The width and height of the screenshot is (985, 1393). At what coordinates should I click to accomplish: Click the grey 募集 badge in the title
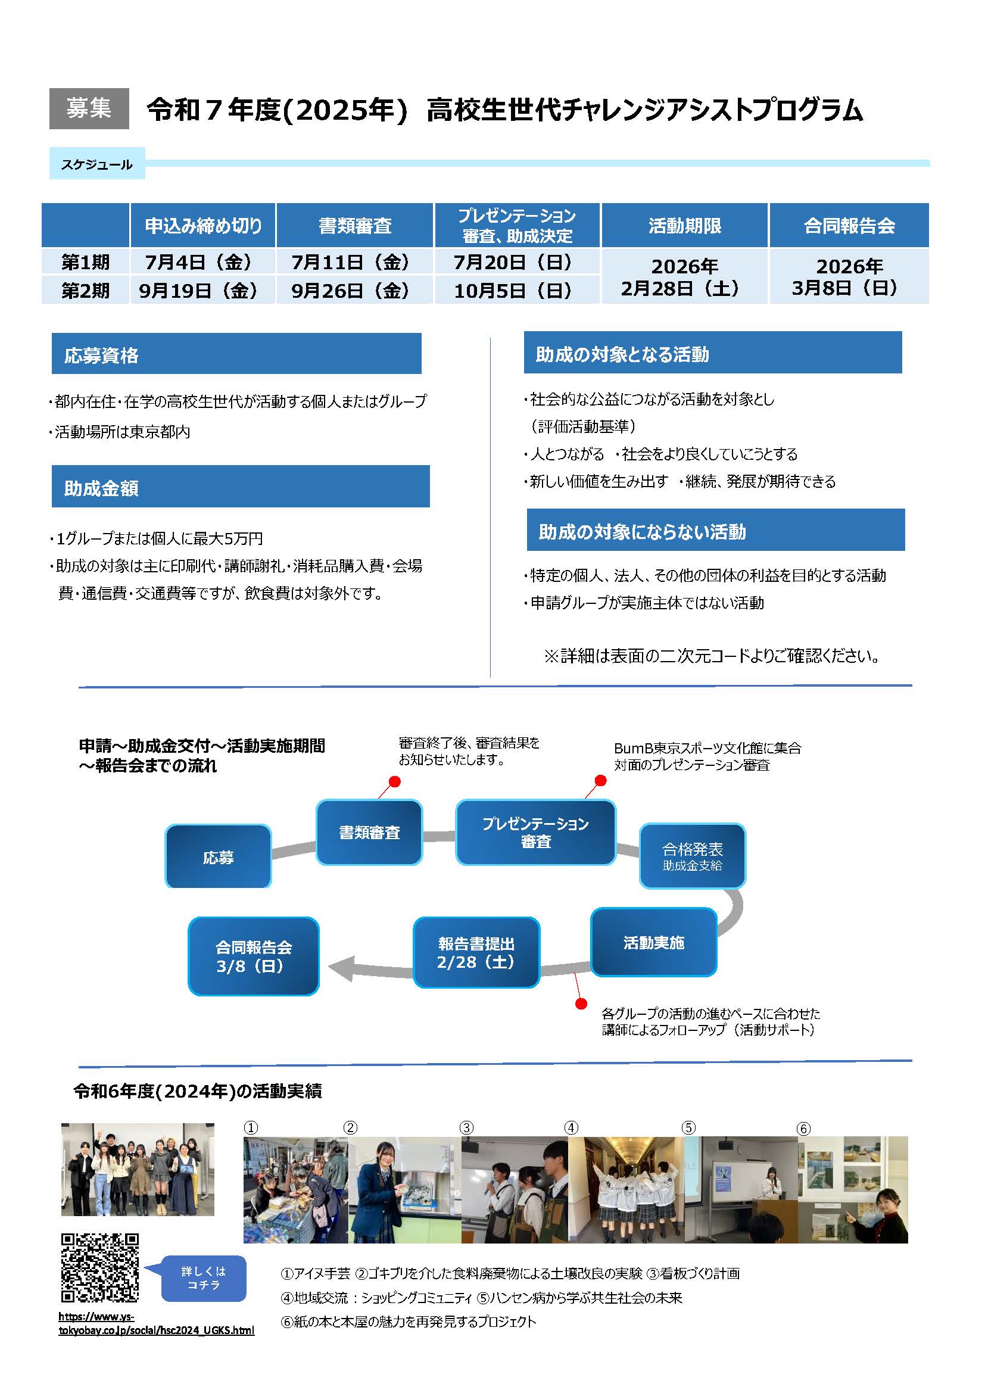89,108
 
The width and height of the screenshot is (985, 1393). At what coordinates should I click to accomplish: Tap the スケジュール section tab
97,164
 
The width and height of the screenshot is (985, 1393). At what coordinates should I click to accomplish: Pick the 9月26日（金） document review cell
355,290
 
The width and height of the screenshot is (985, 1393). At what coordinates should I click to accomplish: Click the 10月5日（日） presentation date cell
517,290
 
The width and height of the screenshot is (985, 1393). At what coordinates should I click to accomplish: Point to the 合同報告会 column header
849,226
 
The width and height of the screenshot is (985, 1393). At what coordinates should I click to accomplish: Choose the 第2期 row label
86,290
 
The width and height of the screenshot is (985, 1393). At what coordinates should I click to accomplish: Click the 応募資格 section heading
236,354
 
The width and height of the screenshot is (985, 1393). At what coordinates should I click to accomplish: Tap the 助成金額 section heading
241,487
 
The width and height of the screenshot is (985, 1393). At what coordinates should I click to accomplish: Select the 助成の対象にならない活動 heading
716,530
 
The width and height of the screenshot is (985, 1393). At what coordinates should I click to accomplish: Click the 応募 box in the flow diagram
219,856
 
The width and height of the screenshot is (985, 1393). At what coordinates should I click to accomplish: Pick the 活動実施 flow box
654,942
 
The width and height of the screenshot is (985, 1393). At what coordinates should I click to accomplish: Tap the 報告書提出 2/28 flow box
476,952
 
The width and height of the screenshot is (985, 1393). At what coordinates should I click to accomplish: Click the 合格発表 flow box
693,855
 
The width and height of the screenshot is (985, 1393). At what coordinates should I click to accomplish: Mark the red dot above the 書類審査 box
395,781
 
